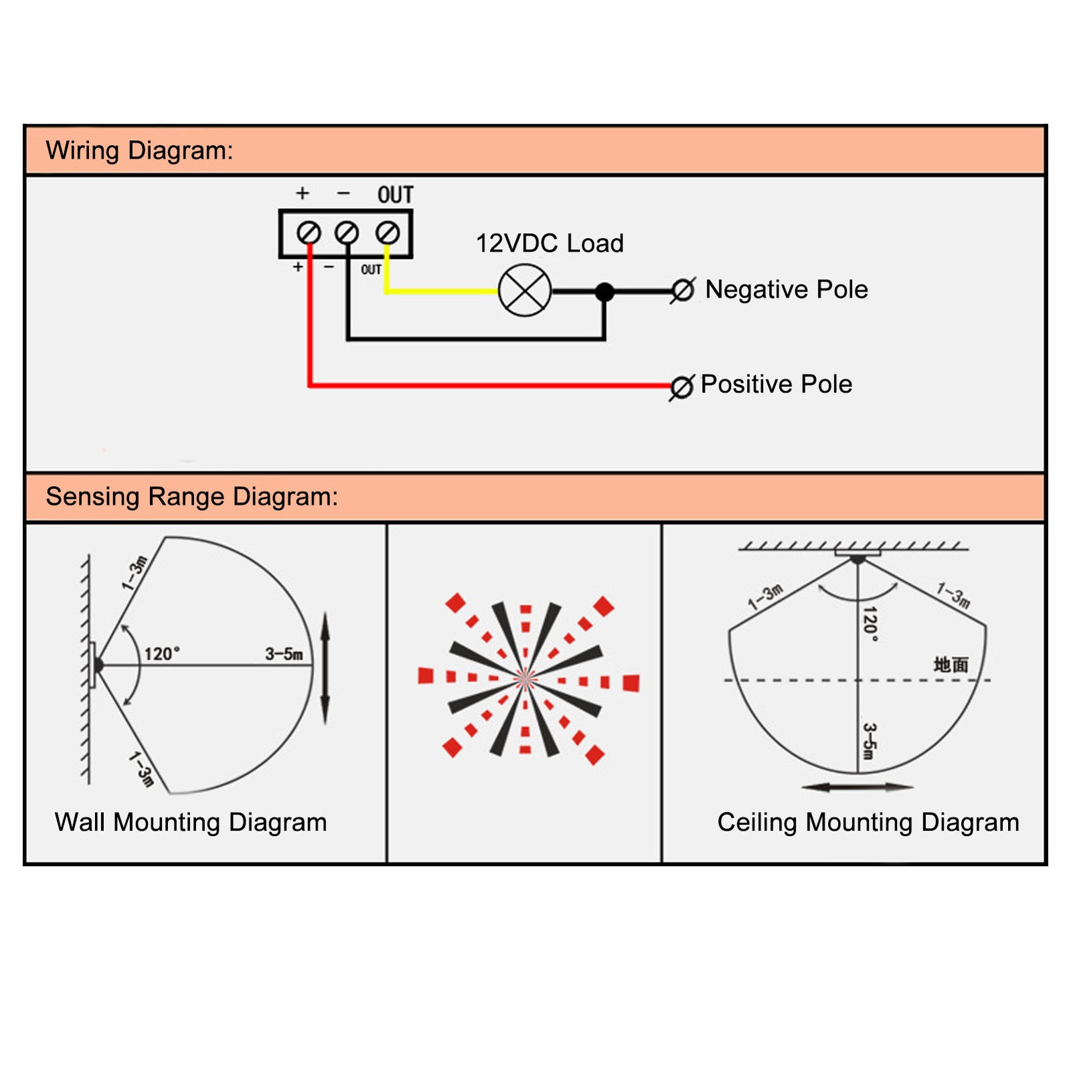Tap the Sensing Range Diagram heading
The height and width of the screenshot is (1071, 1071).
[x=192, y=497]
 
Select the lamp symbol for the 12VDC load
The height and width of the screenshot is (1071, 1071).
[x=525, y=291]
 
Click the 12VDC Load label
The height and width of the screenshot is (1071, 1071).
[x=550, y=243]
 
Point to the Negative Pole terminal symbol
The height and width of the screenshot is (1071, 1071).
[x=683, y=291]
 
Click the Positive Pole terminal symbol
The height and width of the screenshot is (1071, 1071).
[x=682, y=387]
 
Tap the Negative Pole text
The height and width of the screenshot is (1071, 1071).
[x=787, y=289]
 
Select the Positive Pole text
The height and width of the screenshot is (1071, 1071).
[x=776, y=384]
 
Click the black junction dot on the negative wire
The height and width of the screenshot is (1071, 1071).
[x=604, y=292]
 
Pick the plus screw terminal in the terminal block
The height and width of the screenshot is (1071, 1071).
[x=309, y=233]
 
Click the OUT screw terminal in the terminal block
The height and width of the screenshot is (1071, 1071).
[x=388, y=233]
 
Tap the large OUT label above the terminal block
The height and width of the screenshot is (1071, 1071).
[x=396, y=195]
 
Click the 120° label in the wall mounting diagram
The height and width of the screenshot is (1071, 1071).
[x=163, y=653]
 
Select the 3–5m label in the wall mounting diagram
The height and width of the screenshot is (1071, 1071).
[x=284, y=654]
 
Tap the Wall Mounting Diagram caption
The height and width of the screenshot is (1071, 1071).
[x=191, y=823]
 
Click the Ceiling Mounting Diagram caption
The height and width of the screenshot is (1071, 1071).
[x=868, y=823]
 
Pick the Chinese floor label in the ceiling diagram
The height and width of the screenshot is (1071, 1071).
[x=951, y=665]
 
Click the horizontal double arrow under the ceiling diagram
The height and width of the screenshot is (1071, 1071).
[x=857, y=787]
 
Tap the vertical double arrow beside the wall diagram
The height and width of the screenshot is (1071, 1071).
[x=325, y=667]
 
